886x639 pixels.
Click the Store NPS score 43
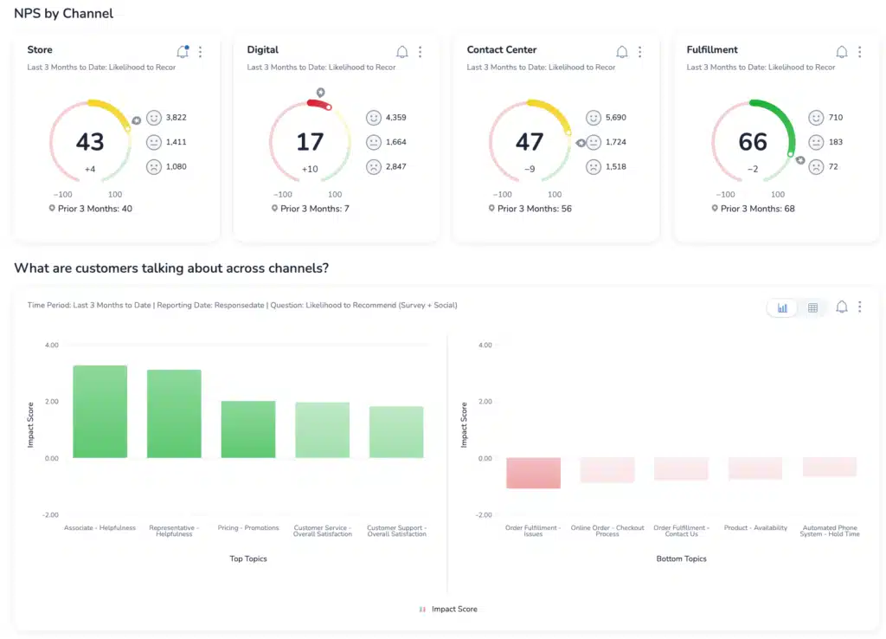89,142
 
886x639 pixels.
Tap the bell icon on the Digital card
401,52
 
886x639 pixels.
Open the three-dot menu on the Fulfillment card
859,52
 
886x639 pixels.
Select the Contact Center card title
502,50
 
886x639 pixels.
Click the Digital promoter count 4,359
395,118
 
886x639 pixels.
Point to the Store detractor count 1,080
176,166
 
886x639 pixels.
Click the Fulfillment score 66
753,142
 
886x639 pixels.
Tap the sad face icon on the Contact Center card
594,167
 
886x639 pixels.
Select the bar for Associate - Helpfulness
100,411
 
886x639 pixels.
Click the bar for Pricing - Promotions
248,429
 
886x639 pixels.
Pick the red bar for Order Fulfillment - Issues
533,473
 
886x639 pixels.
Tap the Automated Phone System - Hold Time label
831,531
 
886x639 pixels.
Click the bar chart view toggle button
782,307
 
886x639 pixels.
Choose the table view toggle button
812,307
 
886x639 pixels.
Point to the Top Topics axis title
248,559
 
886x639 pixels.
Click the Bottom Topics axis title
682,559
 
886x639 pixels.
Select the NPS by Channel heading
63,14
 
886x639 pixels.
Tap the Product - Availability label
755,528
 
